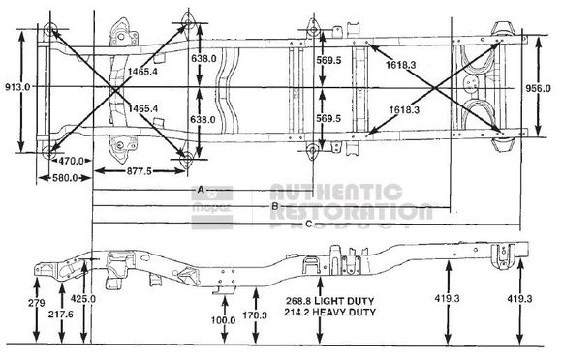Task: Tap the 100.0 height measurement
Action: tap(224, 320)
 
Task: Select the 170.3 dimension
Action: tap(256, 315)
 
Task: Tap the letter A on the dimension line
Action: tap(201, 189)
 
